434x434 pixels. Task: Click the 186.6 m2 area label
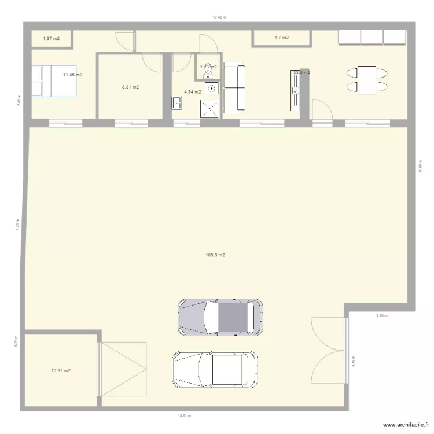215,255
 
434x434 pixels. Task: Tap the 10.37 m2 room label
60,370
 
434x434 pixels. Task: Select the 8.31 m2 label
130,87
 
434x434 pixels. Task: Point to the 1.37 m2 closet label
51,38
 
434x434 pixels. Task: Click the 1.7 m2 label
281,38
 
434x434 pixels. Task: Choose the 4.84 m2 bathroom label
192,91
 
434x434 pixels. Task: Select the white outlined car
215,370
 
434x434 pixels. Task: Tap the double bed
53,80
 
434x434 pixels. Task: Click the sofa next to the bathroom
234,87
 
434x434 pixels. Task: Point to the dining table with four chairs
367,80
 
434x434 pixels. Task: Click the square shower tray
211,108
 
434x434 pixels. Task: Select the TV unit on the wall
297,90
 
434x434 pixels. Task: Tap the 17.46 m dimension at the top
219,17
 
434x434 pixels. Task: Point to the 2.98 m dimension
381,315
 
